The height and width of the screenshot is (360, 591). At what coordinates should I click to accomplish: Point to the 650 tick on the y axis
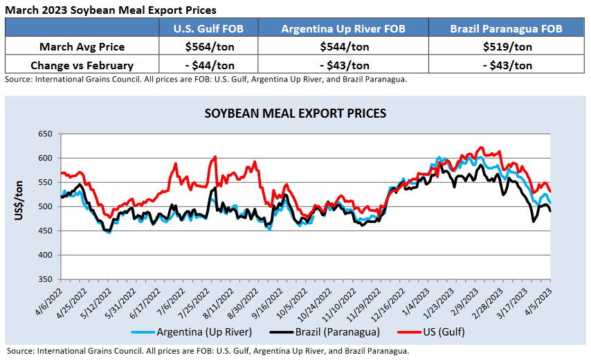[x=44, y=134]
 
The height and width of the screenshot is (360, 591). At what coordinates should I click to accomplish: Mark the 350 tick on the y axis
[x=44, y=279]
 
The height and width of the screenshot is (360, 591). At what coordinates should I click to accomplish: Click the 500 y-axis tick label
[x=44, y=206]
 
